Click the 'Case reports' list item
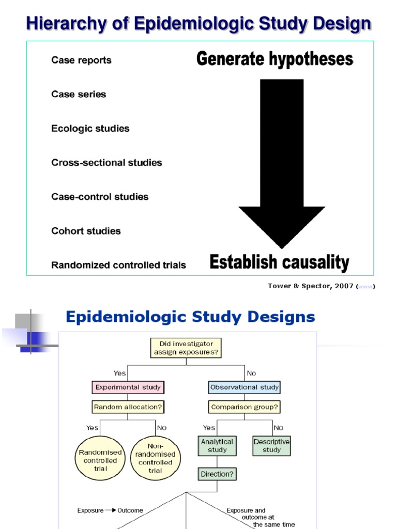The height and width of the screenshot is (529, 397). click(81, 60)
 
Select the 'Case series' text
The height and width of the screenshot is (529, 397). click(79, 94)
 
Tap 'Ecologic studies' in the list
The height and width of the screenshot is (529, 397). click(90, 128)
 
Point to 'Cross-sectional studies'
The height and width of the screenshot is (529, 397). click(106, 162)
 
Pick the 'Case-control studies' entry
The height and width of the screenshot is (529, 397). click(100, 196)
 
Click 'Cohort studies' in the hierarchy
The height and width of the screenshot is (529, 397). click(86, 231)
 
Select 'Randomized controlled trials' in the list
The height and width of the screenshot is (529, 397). click(118, 265)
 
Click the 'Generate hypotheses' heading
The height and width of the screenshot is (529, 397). click(274, 59)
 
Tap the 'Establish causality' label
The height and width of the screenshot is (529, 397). click(279, 262)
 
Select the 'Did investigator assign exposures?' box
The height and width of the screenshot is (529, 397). click(186, 348)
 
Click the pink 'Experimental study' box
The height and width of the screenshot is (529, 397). click(128, 387)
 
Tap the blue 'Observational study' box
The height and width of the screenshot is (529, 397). click(245, 387)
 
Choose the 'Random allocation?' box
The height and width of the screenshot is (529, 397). click(128, 407)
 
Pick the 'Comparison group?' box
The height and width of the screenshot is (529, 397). click(245, 407)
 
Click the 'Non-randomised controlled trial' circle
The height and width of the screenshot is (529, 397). click(155, 458)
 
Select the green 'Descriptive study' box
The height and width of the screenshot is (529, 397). click(271, 446)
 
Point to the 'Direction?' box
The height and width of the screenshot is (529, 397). click(217, 473)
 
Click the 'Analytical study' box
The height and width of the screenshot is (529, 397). click(217, 446)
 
